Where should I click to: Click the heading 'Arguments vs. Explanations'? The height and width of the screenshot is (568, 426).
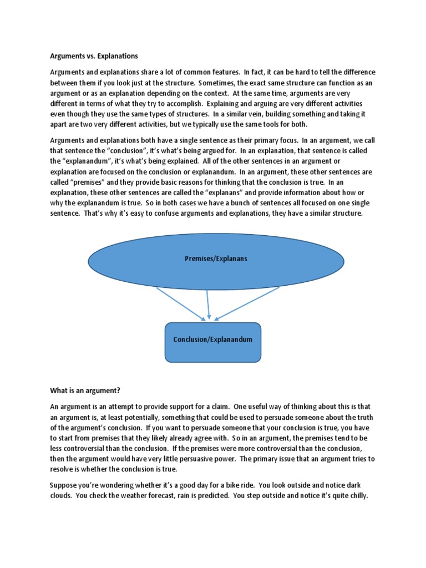pos(94,57)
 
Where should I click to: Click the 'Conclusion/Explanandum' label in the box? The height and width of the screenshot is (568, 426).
pos(212,339)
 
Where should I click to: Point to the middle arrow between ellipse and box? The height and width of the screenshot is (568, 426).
pos(207,304)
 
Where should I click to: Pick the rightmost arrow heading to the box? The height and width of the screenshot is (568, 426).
pos(247,303)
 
